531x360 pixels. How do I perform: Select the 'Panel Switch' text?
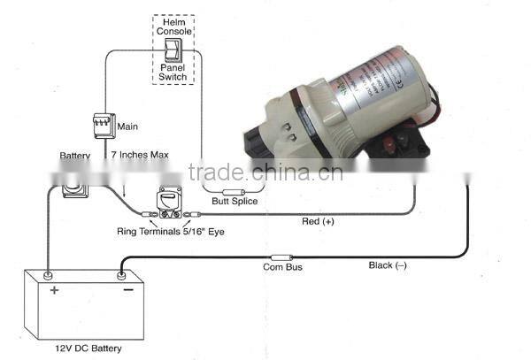coord(173,73)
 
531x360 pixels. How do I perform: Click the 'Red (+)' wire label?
coord(318,221)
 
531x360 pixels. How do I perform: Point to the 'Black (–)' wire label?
coord(388,264)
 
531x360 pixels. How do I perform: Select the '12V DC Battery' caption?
coord(87,348)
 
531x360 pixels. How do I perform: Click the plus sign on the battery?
coord(54,290)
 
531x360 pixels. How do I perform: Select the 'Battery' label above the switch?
coord(75,156)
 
